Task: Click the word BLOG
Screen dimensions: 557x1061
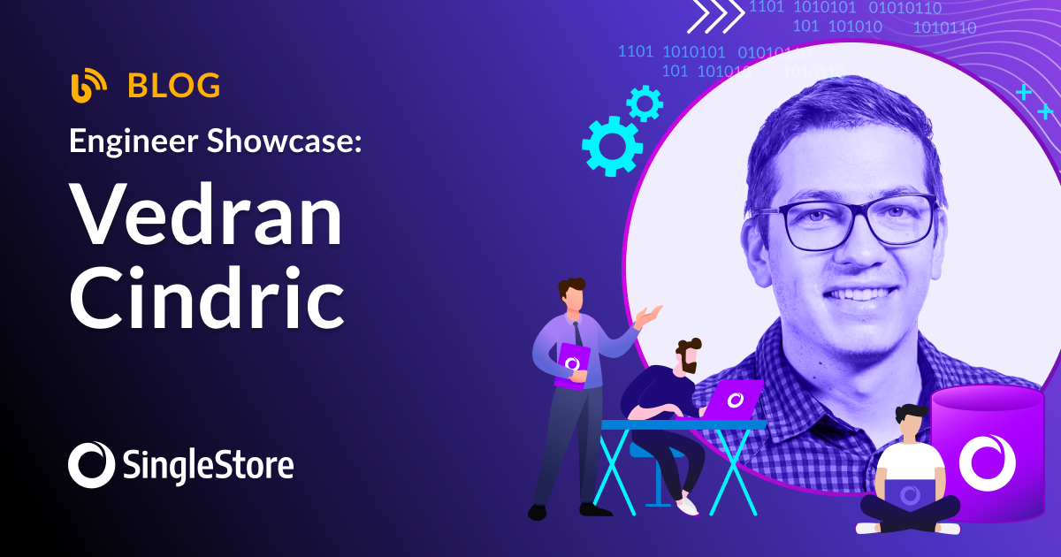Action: (x=174, y=86)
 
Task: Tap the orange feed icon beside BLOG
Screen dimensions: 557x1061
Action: (x=88, y=85)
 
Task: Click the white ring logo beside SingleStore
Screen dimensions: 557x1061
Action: (x=92, y=464)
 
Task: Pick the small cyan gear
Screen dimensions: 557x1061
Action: (x=645, y=103)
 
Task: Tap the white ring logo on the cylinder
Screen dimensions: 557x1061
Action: (x=987, y=461)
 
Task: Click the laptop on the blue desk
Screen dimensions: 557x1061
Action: (x=736, y=400)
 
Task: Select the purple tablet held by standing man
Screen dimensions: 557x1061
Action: (x=571, y=364)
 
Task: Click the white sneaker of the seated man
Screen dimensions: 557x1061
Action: (x=687, y=506)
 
